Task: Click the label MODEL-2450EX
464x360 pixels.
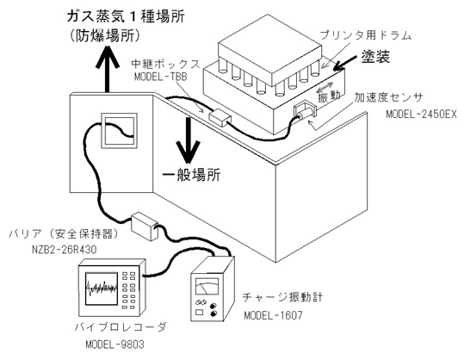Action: (422, 115)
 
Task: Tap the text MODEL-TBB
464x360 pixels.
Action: (161, 77)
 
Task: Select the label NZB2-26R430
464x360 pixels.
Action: (65, 250)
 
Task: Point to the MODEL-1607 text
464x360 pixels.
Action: (274, 315)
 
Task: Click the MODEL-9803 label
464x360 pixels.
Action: (114, 344)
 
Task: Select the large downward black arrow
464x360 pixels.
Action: (188, 140)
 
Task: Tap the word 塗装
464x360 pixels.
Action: (375, 56)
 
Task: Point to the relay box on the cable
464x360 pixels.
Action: (220, 117)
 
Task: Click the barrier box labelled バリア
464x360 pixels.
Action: (145, 227)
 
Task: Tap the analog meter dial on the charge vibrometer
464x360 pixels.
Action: (207, 286)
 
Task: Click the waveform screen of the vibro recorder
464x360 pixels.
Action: (102, 289)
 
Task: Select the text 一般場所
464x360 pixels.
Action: (192, 176)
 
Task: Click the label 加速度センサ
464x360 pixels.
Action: (388, 97)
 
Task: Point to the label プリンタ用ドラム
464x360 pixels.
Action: (366, 35)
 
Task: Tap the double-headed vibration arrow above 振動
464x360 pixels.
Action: (325, 87)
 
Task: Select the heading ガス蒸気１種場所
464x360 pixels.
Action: (126, 16)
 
